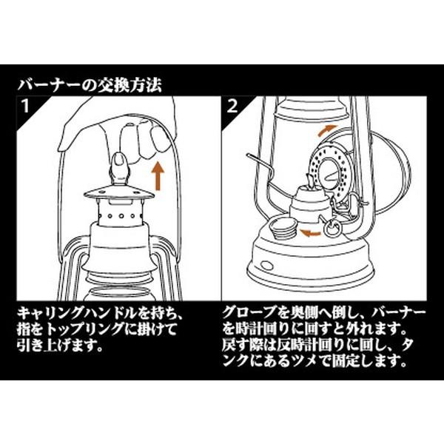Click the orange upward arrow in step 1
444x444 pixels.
(x=158, y=175)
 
